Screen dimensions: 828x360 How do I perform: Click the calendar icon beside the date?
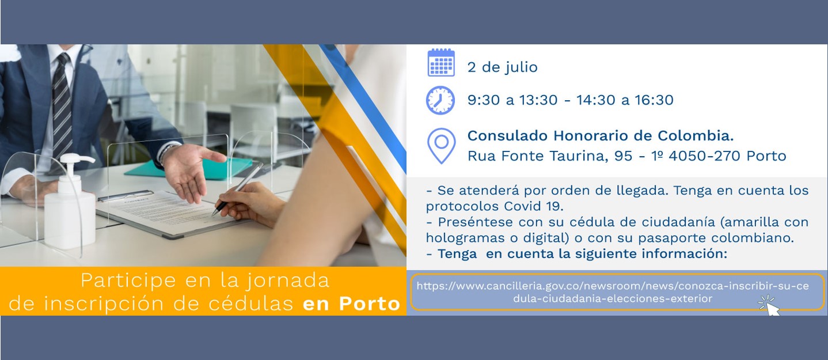point(441,62)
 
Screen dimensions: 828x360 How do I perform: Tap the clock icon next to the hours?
point(440,100)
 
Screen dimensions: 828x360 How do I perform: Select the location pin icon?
point(441,146)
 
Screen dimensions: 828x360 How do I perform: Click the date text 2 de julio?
point(502,67)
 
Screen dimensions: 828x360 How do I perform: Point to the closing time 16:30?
point(654,100)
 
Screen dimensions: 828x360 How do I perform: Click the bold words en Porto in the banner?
point(351,304)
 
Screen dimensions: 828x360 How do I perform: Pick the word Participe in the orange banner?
point(128,281)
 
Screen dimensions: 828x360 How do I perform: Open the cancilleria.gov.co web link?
point(613,292)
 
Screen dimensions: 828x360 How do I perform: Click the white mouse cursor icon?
point(770,305)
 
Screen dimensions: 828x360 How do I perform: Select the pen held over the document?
point(238,190)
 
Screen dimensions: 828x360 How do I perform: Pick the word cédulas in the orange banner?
point(250,304)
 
